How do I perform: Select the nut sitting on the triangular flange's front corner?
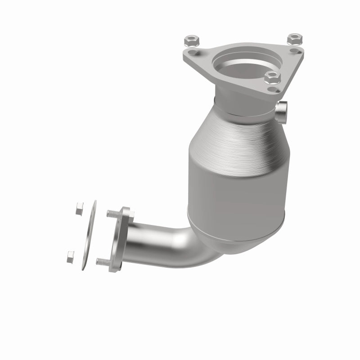coord(272,77)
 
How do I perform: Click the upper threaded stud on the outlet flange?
coord(112,213)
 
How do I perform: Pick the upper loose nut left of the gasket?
coord(79,208)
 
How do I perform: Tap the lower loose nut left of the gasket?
coord(70,256)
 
